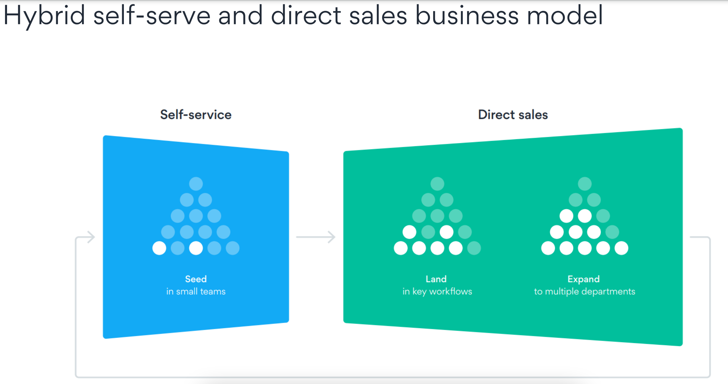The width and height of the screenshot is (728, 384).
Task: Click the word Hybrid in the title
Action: click(x=44, y=15)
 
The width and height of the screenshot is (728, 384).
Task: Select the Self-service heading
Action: click(x=196, y=115)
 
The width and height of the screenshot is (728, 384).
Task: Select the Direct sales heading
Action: click(x=513, y=115)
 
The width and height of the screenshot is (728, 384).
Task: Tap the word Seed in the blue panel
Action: click(x=196, y=279)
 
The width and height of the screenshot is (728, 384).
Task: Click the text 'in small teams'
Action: click(x=196, y=291)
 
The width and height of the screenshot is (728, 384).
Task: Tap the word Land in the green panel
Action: click(x=436, y=279)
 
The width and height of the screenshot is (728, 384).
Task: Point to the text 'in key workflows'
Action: click(x=437, y=291)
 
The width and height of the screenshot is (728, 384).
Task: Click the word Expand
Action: click(x=584, y=279)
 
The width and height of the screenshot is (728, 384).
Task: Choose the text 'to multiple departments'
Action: click(x=585, y=291)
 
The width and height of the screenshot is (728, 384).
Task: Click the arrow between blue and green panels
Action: click(x=316, y=237)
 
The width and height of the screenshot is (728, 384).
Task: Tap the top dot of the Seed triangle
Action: click(x=196, y=184)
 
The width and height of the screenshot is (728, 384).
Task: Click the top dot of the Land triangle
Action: click(x=437, y=184)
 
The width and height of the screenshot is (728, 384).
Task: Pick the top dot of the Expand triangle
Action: click(x=585, y=184)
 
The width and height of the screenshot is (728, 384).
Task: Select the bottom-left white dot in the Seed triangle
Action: click(x=159, y=248)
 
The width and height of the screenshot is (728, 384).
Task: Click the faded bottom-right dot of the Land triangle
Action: click(x=474, y=248)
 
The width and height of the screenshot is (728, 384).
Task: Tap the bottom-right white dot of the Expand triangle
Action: click(x=621, y=248)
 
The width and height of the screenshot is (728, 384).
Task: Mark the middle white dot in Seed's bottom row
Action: click(x=196, y=248)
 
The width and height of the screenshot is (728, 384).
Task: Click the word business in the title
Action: click(x=467, y=15)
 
